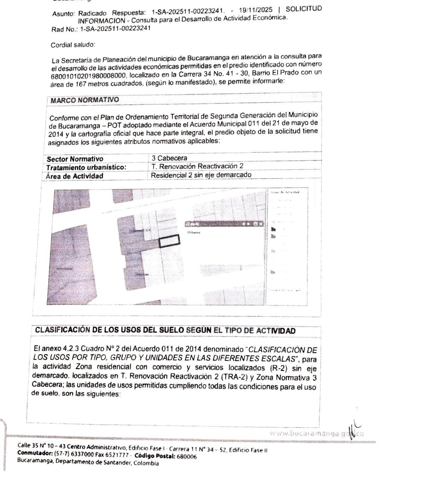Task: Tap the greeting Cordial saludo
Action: (73, 45)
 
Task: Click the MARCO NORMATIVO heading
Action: (85, 100)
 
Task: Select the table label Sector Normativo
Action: (75, 159)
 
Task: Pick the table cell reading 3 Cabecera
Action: (169, 158)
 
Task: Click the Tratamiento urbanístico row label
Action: (86, 167)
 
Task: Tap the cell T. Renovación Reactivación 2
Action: (197, 166)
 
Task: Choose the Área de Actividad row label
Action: (75, 176)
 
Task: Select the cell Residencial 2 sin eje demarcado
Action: (201, 175)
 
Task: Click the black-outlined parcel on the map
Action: (169, 241)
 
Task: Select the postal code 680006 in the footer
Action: (186, 456)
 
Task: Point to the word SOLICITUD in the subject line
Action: (304, 9)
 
